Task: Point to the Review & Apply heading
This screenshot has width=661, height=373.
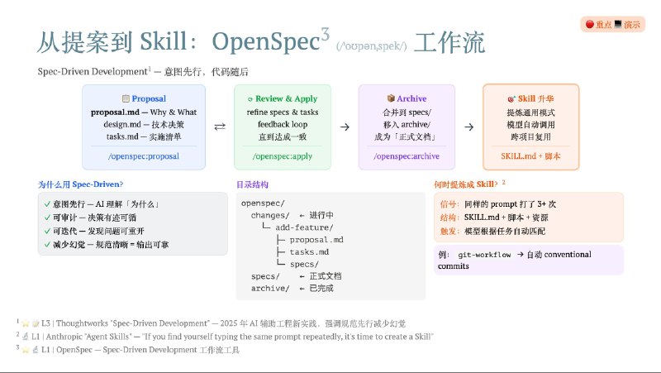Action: (x=282, y=98)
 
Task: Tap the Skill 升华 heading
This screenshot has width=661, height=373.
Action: (x=530, y=98)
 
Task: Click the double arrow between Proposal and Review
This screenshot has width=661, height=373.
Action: (x=220, y=127)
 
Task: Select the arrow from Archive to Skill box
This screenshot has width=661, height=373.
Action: (x=469, y=127)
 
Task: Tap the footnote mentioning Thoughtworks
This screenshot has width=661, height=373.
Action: (x=215, y=323)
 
